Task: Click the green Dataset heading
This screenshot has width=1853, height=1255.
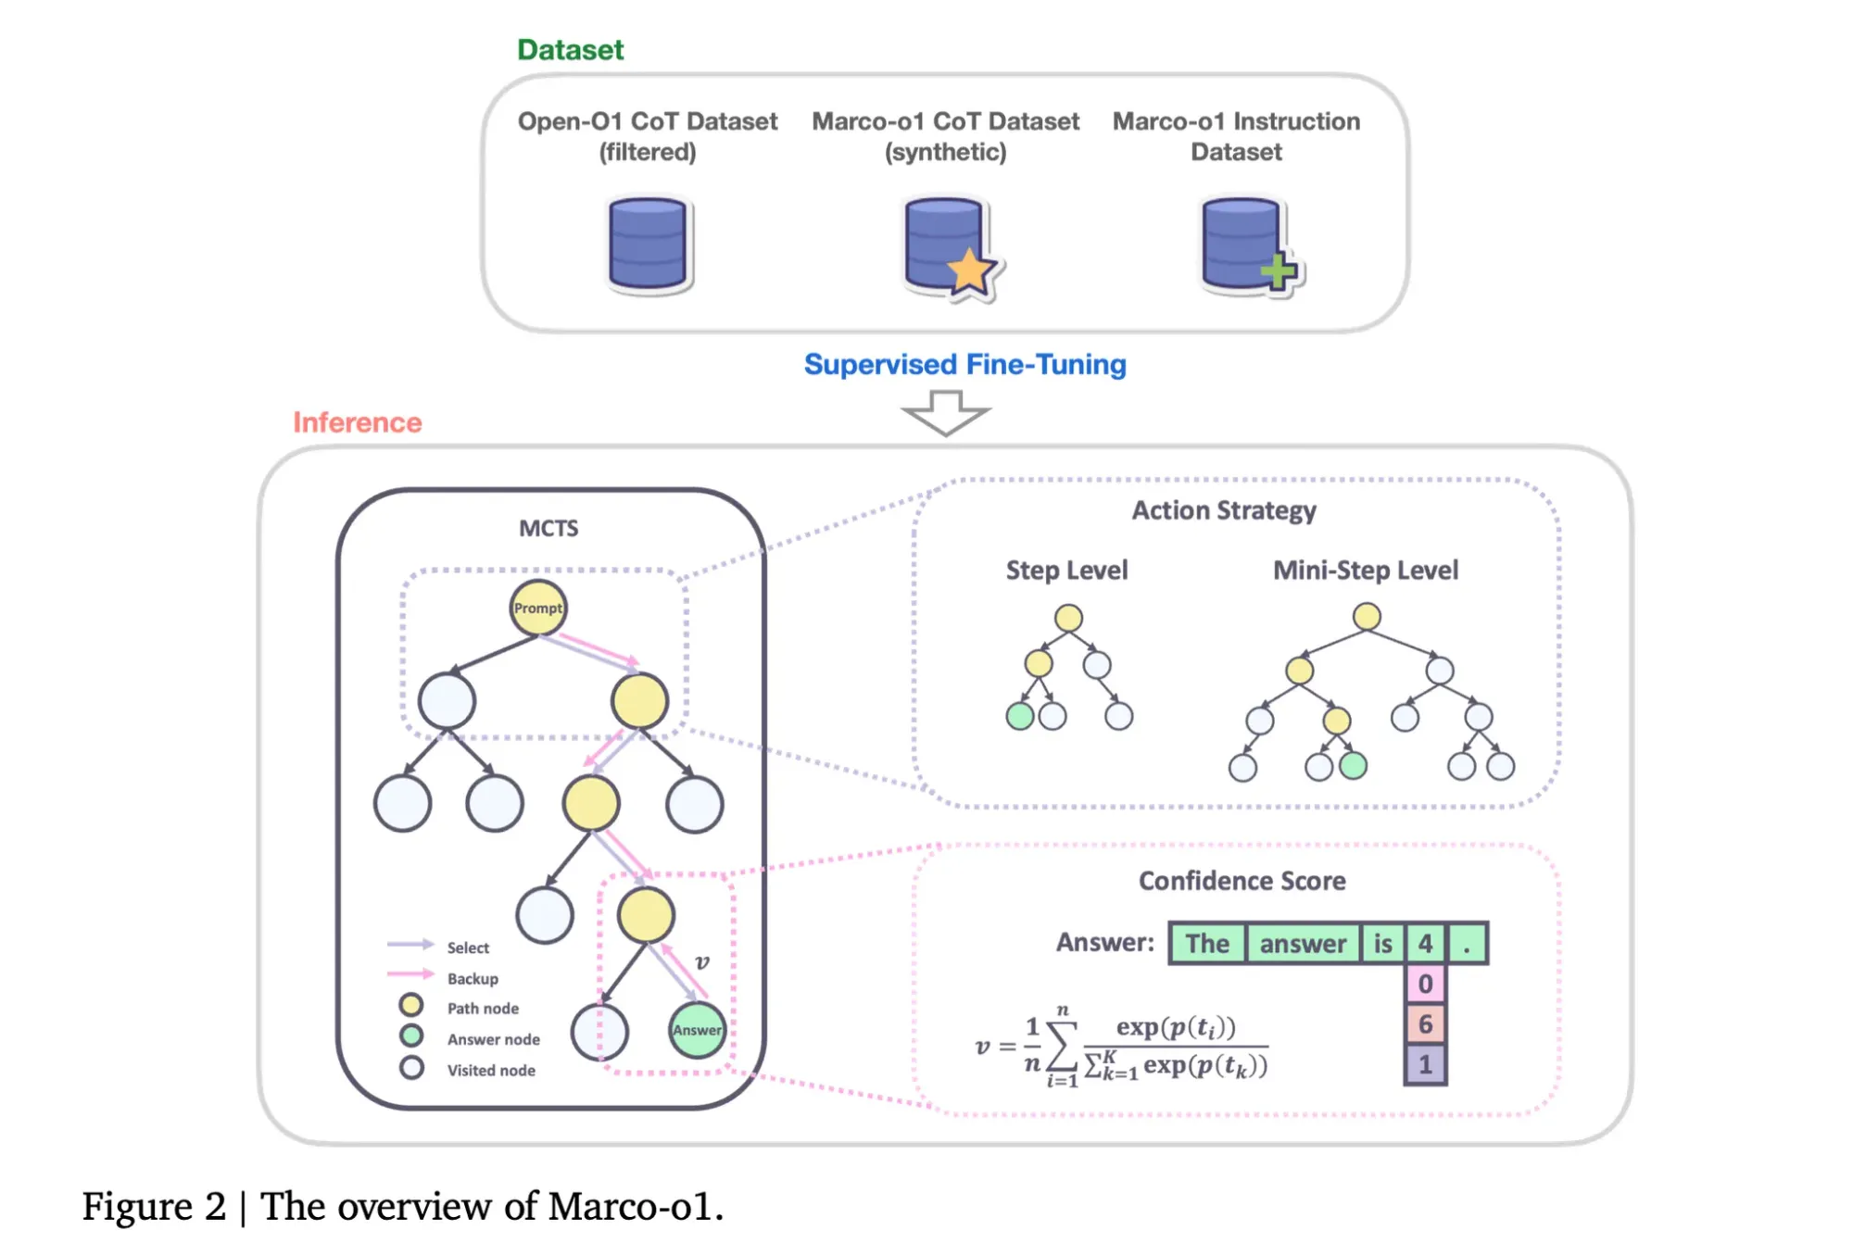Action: tap(570, 50)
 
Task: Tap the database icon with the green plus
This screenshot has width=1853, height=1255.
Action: tap(1247, 245)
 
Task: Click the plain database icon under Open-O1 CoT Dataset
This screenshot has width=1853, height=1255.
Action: tap(648, 245)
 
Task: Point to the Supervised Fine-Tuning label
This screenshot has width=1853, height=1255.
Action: tap(964, 365)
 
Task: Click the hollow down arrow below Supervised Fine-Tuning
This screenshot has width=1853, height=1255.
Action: tap(946, 412)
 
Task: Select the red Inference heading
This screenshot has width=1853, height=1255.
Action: tap(358, 422)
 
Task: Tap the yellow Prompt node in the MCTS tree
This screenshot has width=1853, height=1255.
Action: tap(538, 609)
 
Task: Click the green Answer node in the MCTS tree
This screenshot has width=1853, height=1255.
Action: tap(697, 1030)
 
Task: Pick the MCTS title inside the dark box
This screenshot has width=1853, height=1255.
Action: tap(548, 529)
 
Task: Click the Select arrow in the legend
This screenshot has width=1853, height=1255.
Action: tap(410, 945)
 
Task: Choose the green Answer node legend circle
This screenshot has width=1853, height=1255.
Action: tap(411, 1035)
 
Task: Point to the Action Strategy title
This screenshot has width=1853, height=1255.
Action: tap(1223, 511)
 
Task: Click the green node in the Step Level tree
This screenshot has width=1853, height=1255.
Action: tap(1020, 716)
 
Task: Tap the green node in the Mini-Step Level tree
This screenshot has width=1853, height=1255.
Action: tap(1353, 766)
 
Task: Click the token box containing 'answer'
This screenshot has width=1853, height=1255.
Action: tap(1303, 944)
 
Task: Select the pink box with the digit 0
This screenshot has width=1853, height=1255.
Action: tap(1425, 985)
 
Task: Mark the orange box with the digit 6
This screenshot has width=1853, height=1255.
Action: tap(1425, 1024)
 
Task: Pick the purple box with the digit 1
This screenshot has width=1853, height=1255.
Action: tap(1425, 1065)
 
